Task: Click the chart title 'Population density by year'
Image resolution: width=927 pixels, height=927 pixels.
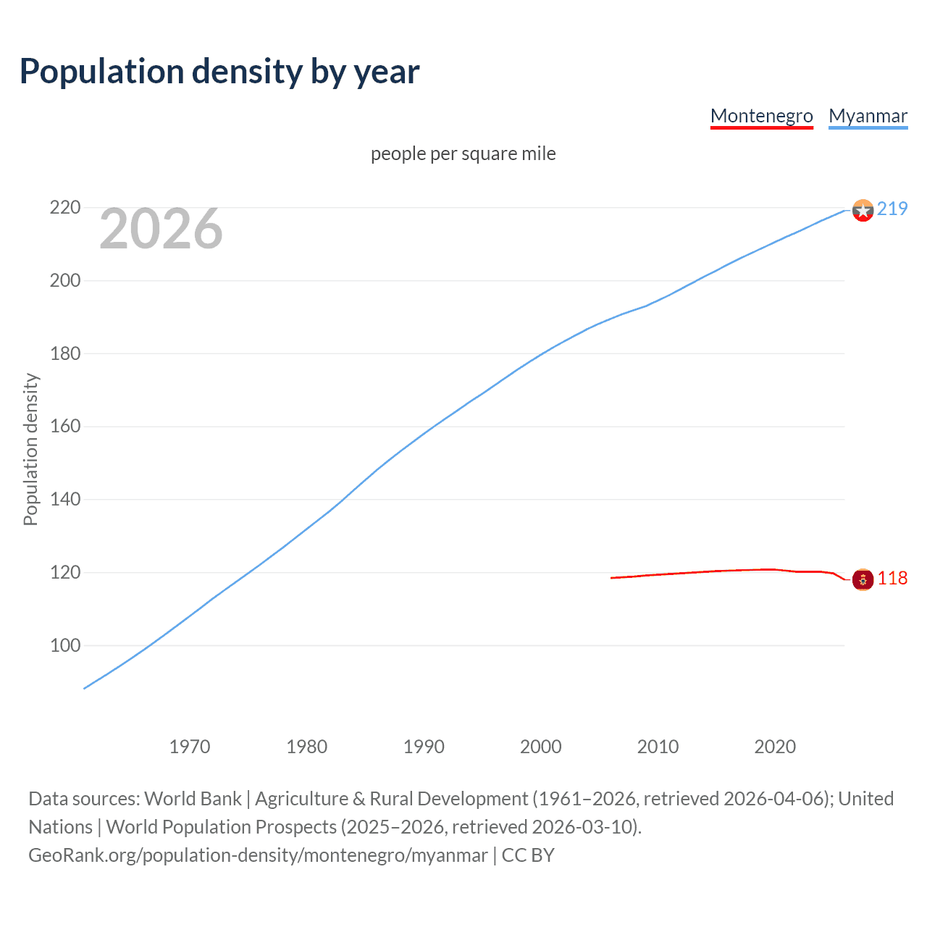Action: tap(219, 72)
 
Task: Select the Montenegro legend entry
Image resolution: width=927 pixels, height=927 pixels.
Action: tap(761, 116)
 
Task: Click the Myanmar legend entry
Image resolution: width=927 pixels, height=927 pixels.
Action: tap(868, 116)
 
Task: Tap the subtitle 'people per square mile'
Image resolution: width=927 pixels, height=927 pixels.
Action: tap(463, 154)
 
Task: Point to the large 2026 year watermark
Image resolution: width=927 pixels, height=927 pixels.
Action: tap(161, 229)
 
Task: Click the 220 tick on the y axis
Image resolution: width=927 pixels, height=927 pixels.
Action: tap(64, 208)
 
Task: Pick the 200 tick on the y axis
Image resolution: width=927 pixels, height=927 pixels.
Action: tap(64, 280)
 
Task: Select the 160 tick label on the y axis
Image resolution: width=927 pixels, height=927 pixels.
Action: tap(64, 426)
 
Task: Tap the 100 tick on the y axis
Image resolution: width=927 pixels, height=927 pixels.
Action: tap(64, 645)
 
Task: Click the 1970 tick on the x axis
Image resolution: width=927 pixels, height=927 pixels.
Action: tap(190, 747)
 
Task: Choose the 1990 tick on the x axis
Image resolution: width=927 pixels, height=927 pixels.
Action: tap(424, 747)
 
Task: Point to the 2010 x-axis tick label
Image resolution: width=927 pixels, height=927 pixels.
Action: tap(658, 747)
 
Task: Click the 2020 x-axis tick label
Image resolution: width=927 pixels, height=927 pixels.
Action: tap(775, 747)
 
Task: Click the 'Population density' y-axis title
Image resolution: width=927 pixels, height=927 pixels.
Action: tap(30, 449)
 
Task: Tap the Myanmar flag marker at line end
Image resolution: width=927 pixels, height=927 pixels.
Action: tap(863, 211)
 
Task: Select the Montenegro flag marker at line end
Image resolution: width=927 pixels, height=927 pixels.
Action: tap(863, 579)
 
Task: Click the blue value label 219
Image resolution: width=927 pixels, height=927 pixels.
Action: tap(892, 209)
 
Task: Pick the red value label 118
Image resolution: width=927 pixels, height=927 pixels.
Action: tap(892, 578)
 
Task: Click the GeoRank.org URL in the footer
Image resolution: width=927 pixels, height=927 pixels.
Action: tap(258, 855)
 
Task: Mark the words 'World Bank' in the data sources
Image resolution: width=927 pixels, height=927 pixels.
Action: tap(193, 799)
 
